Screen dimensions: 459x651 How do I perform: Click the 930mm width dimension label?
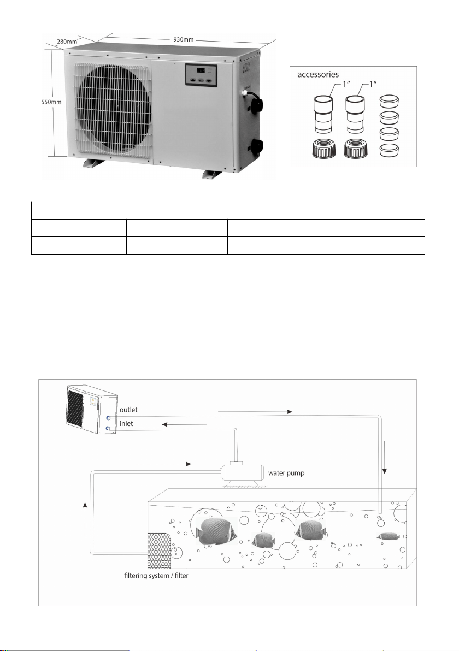click(183, 39)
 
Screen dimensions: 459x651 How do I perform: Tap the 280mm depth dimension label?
click(67, 42)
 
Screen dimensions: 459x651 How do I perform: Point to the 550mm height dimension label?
click(51, 102)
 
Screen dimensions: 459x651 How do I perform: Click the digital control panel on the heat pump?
click(201, 75)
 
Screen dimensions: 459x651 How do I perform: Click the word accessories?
click(318, 75)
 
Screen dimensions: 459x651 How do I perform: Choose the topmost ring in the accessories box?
click(390, 102)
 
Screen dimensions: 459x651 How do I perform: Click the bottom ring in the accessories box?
click(390, 150)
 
